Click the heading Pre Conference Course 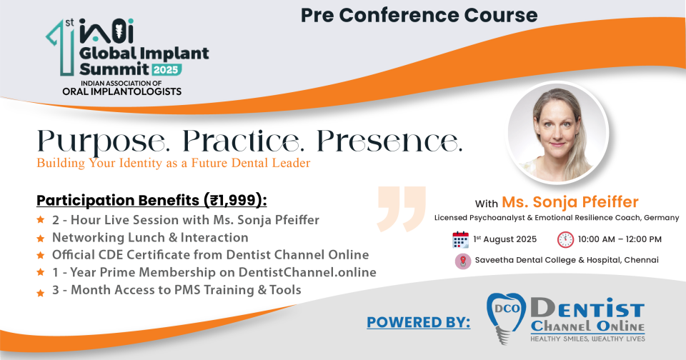pyautogui.click(x=419, y=15)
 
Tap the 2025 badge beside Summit pyautogui.click(x=166, y=69)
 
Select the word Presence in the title pyautogui.click(x=389, y=141)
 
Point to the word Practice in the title pyautogui.click(x=242, y=141)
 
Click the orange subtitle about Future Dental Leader pyautogui.click(x=174, y=163)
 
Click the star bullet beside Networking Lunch pyautogui.click(x=41, y=238)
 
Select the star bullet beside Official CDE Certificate pyautogui.click(x=41, y=255)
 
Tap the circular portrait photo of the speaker pyautogui.click(x=558, y=132)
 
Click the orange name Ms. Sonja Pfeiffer pyautogui.click(x=570, y=202)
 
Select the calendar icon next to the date pyautogui.click(x=460, y=240)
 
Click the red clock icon pyautogui.click(x=565, y=240)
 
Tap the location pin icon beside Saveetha pyautogui.click(x=463, y=261)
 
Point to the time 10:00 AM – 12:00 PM pyautogui.click(x=620, y=239)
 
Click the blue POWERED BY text pyautogui.click(x=419, y=322)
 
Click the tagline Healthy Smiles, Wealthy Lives pyautogui.click(x=587, y=339)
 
